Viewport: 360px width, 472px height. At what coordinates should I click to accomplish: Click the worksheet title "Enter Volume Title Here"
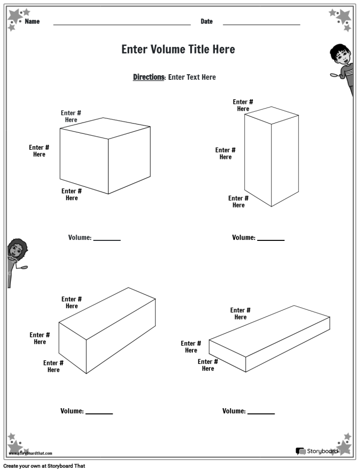178,49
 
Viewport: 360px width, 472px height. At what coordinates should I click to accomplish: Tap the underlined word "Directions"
148,77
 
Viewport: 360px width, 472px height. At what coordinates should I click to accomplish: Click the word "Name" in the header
32,22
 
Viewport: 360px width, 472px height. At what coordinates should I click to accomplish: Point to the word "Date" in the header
206,22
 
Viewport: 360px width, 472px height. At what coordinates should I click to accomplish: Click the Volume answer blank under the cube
107,239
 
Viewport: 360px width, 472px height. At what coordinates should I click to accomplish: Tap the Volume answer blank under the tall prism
271,239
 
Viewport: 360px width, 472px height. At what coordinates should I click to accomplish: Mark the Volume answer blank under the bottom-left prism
99,412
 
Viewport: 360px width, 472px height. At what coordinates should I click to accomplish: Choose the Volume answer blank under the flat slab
261,412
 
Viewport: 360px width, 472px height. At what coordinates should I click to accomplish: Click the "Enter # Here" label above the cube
71,116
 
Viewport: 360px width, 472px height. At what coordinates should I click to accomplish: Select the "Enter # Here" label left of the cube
39,151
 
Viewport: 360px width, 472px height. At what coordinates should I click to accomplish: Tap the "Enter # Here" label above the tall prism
243,106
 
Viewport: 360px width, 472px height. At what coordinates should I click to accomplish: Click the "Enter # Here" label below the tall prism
238,202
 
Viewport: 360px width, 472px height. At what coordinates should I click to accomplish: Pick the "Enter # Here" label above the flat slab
240,313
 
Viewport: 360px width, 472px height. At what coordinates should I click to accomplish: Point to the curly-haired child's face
14,252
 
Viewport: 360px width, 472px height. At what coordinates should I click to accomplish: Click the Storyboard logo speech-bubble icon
300,451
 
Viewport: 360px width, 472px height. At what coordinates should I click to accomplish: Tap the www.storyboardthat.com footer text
30,453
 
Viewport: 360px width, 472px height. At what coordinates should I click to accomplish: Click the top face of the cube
105,128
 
